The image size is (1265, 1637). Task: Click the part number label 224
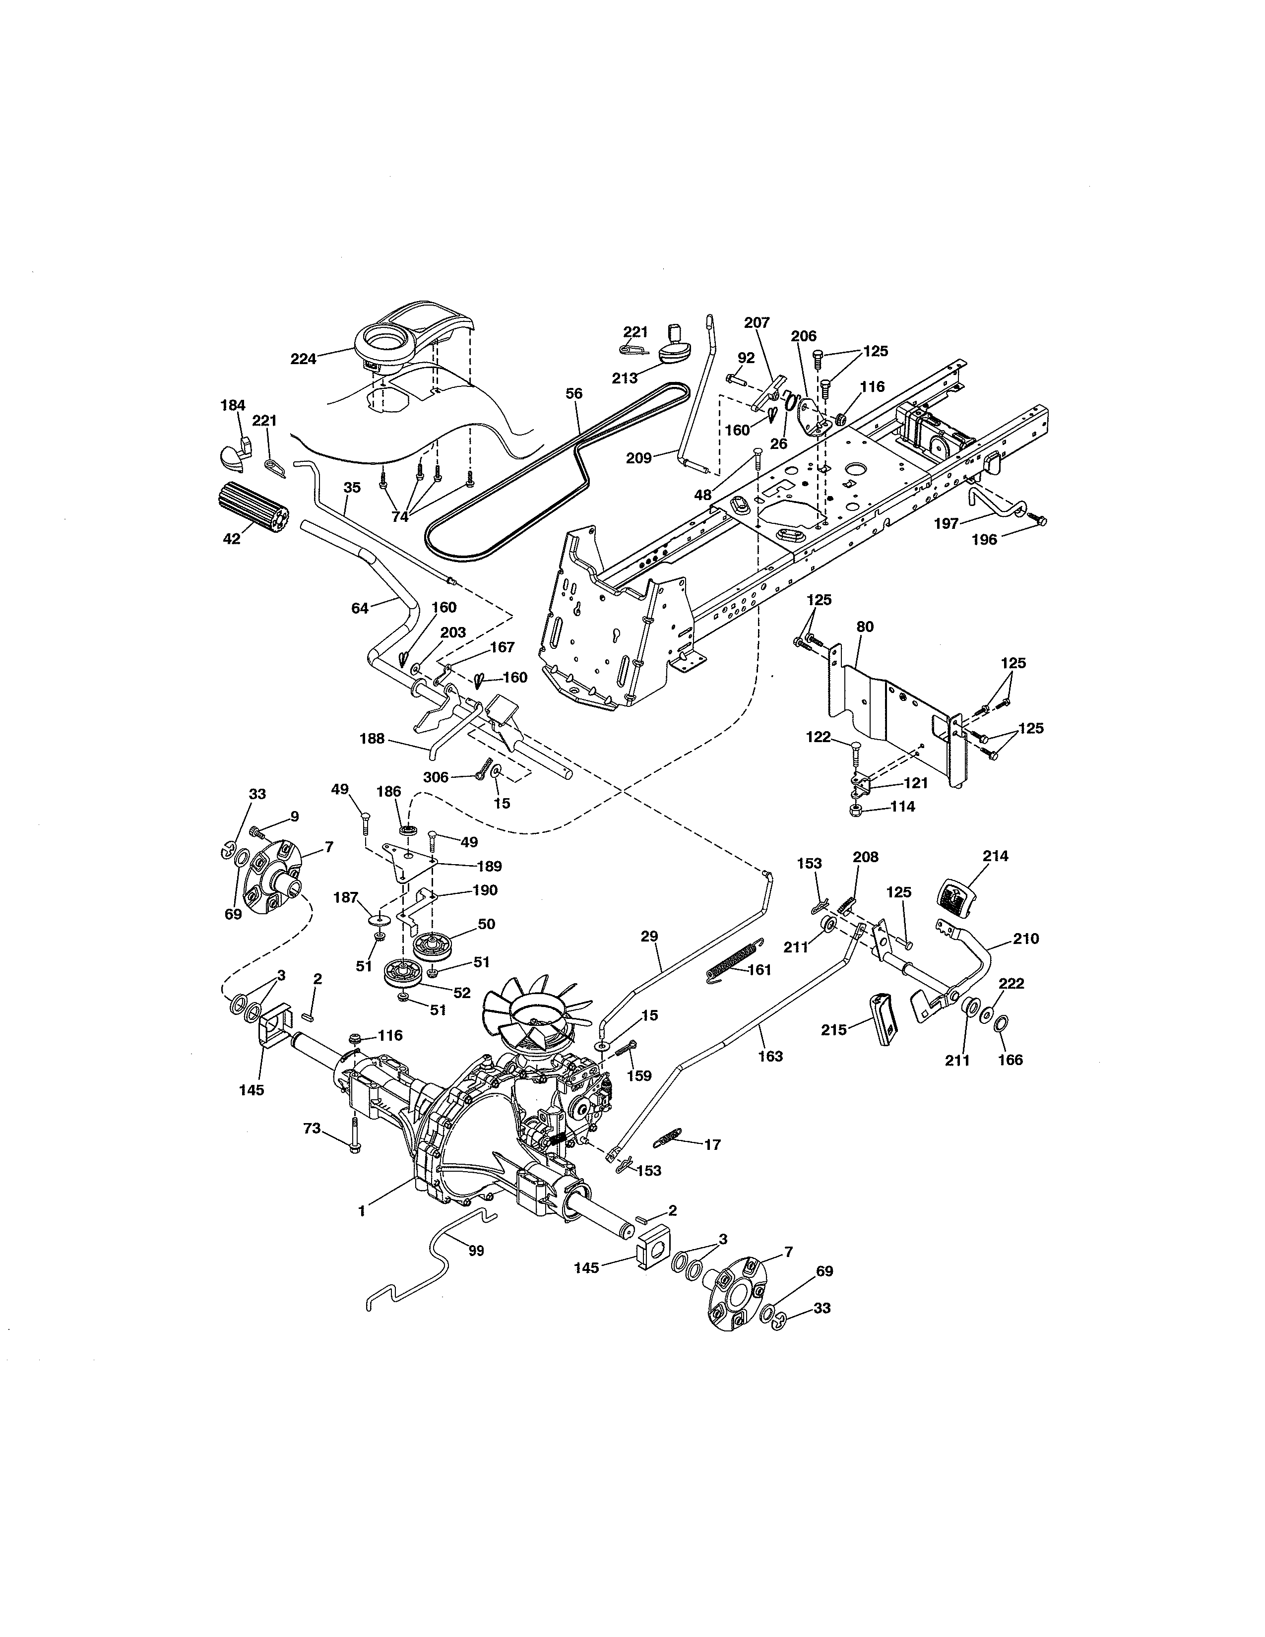pyautogui.click(x=303, y=359)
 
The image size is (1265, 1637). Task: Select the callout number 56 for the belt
pyautogui.click(x=574, y=393)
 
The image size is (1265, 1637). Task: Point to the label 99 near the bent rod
pyautogui.click(x=476, y=1250)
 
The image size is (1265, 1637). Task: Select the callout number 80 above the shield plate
pyautogui.click(x=864, y=627)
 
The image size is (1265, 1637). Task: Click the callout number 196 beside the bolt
pyautogui.click(x=984, y=540)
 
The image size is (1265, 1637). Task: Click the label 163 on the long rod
pyautogui.click(x=769, y=1056)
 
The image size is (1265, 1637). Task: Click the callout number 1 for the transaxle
pyautogui.click(x=362, y=1210)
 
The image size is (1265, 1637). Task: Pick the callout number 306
pyautogui.click(x=436, y=777)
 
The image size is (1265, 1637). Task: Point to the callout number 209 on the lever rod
pyautogui.click(x=638, y=458)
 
